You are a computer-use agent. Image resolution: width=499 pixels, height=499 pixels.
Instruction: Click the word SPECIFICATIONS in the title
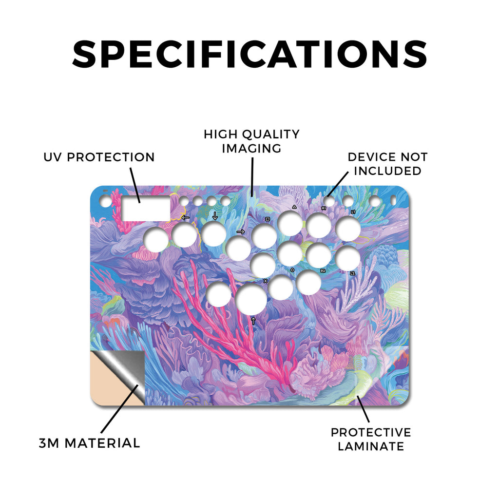point(249,54)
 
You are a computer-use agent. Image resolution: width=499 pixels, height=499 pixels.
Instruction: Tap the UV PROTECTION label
point(99,157)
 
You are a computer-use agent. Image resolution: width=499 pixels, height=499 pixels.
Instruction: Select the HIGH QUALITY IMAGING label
point(252,141)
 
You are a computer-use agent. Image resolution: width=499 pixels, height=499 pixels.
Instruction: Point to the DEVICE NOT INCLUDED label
point(387,164)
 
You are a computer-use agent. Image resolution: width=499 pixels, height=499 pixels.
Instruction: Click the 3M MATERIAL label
point(90,443)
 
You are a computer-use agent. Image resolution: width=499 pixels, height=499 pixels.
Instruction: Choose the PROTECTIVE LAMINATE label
point(371,439)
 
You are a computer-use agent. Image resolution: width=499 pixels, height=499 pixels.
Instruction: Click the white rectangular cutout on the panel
point(146,209)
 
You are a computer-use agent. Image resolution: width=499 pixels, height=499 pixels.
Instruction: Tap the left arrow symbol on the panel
point(185,218)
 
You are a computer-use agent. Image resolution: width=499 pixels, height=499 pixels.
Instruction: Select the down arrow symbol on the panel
point(215,215)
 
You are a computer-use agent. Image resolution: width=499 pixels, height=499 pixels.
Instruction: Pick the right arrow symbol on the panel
point(241,231)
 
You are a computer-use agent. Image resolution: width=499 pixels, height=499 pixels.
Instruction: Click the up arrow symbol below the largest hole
point(253,321)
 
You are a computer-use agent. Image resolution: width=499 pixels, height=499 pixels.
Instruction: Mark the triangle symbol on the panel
point(294,207)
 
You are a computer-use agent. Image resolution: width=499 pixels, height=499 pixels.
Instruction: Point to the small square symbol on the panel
point(268,219)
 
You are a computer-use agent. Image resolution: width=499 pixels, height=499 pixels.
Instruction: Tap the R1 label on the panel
point(324,208)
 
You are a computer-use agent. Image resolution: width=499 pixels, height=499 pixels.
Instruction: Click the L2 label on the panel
point(353,273)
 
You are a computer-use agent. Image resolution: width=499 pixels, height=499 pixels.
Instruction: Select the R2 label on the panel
point(323,271)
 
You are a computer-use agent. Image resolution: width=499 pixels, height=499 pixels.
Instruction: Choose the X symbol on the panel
point(266,281)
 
